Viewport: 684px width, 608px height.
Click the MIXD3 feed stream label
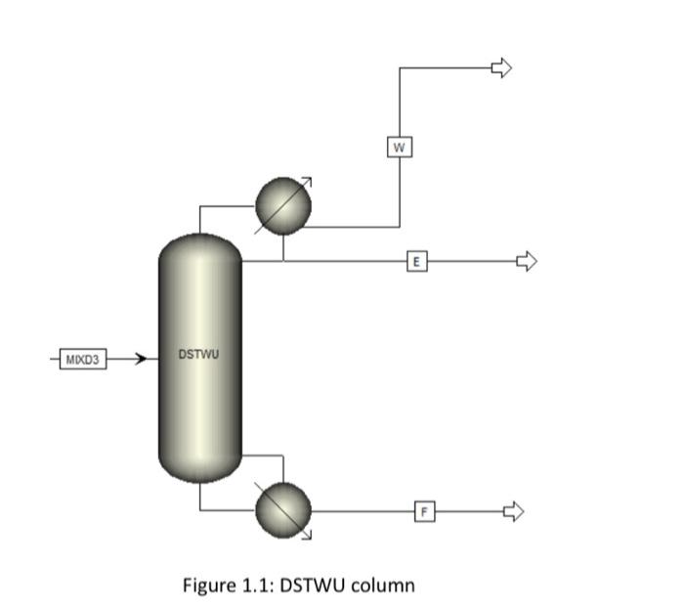pyautogui.click(x=81, y=359)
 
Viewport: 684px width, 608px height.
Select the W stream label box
pyautogui.click(x=398, y=148)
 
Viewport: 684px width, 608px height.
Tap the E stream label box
pyautogui.click(x=417, y=261)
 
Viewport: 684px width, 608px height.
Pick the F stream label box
pyautogui.click(x=424, y=510)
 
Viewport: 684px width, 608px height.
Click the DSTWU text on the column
pyautogui.click(x=199, y=353)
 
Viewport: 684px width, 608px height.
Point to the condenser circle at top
pyautogui.click(x=283, y=206)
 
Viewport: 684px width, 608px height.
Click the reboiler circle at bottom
pyautogui.click(x=283, y=509)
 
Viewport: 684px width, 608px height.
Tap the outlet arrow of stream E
pyautogui.click(x=527, y=261)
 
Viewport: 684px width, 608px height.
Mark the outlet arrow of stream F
pyautogui.click(x=514, y=510)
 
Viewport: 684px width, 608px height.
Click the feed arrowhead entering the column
pyautogui.click(x=141, y=359)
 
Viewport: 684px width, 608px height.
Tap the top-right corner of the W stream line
pyautogui.click(x=399, y=67)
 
